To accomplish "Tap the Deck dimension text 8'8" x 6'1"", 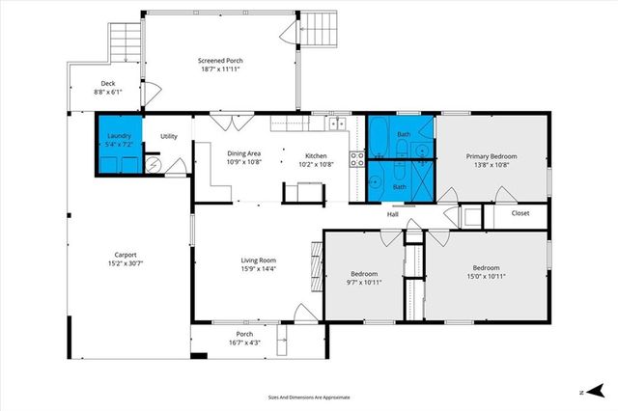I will coord(107,93).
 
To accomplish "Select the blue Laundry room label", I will coord(119,136).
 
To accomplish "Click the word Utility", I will coord(169,136).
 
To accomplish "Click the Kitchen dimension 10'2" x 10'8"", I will coord(316,163).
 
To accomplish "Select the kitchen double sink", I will coord(336,123).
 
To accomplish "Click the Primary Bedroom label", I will coord(492,156).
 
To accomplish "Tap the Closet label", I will coord(520,213).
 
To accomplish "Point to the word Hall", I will coord(394,214).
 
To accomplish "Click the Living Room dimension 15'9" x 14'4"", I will coord(258,268).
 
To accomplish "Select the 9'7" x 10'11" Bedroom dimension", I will coord(365,283).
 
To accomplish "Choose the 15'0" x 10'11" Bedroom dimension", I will coord(486,275).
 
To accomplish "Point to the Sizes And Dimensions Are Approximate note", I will coord(309,397).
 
